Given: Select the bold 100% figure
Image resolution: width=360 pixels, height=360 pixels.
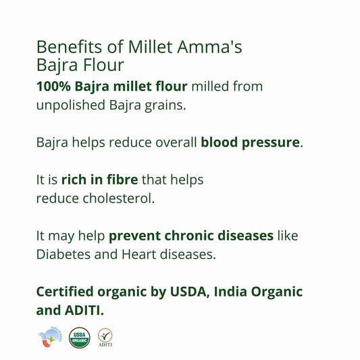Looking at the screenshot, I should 52,86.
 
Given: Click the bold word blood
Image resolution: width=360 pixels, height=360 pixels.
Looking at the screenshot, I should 220,143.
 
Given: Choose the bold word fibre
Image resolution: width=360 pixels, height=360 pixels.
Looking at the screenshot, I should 122,180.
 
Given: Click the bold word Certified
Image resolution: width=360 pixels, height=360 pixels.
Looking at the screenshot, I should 70,292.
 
